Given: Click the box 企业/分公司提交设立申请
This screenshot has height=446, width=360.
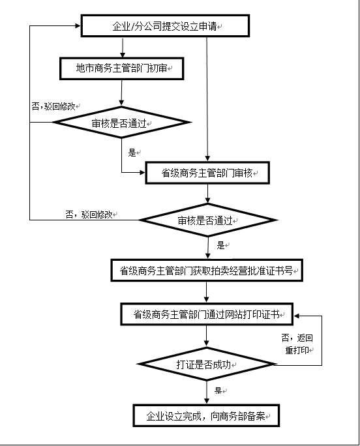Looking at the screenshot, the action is click(165, 26).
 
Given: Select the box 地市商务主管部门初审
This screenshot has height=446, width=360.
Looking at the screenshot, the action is click(121, 68).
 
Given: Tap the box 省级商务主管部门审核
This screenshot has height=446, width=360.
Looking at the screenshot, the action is click(207, 173).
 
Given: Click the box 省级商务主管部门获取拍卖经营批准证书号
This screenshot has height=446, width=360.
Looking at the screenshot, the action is click(207, 271).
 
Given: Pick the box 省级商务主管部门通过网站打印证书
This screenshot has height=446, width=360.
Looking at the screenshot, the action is click(207, 314).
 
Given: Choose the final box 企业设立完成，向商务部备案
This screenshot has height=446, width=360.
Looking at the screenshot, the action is click(206, 415).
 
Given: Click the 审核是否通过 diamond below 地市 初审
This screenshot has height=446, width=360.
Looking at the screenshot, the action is click(121, 123).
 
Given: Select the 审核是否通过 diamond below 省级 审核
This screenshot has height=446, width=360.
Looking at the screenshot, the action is click(208, 220).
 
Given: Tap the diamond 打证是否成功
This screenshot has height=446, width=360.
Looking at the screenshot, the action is click(207, 364).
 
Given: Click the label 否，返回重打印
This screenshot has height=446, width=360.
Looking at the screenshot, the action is click(297, 344).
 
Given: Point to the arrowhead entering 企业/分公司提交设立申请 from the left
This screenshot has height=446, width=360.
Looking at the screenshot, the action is click(78, 26).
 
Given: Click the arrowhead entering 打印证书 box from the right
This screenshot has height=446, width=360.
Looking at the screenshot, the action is click(297, 316).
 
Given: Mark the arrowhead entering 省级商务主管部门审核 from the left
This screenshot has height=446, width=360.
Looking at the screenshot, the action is click(142, 172).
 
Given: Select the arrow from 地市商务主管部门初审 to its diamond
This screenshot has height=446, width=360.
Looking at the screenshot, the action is click(121, 93).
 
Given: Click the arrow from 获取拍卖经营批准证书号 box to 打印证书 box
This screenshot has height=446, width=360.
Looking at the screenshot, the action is click(207, 292).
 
